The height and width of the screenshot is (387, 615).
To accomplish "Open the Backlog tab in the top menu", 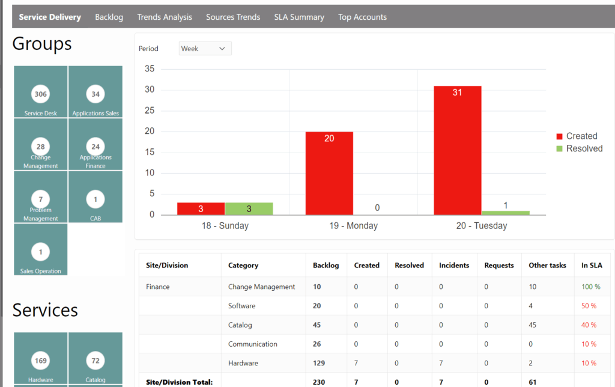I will click(109, 17).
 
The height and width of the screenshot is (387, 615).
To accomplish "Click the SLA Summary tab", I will click(299, 17).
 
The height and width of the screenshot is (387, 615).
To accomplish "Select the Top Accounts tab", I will click(362, 17).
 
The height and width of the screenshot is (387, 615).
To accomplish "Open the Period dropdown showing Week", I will click(205, 49).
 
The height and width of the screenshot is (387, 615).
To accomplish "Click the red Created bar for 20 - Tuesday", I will click(457, 150).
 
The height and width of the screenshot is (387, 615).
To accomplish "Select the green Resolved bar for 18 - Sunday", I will click(249, 209).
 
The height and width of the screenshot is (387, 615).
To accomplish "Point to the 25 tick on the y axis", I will click(150, 111).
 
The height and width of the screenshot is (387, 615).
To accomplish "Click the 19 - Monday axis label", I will click(353, 226).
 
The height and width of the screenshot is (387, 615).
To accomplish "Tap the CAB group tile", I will click(95, 198).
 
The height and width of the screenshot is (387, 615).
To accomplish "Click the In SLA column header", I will click(592, 265).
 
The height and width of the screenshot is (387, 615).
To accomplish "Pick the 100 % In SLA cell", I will click(590, 287).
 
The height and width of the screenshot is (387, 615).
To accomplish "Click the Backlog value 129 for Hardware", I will click(319, 363).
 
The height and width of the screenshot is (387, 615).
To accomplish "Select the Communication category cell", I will click(252, 344).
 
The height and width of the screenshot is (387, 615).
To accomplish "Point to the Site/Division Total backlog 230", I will click(319, 382).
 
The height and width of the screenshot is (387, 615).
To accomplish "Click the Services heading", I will click(45, 310).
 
